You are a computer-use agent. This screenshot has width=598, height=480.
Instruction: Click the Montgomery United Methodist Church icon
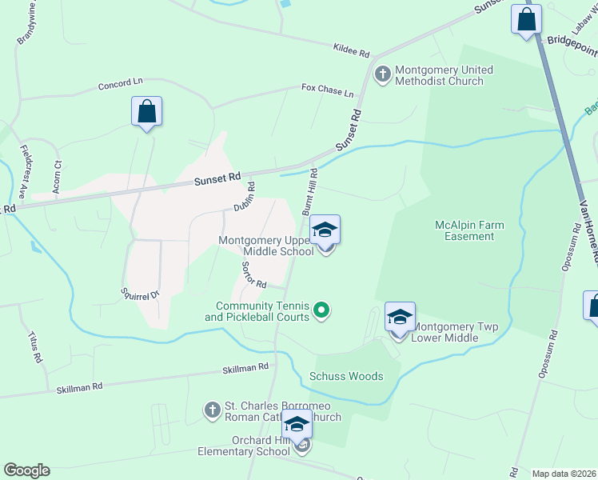tap(382, 74)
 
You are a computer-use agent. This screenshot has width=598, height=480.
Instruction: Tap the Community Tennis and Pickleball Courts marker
tap(321, 309)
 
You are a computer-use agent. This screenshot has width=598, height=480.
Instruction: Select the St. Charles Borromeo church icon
tap(212, 410)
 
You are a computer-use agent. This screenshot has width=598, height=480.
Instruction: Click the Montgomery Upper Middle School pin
tap(325, 232)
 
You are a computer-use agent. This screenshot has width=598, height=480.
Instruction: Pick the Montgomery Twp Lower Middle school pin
tap(400, 318)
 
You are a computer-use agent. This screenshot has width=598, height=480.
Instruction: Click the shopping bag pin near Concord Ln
tap(147, 112)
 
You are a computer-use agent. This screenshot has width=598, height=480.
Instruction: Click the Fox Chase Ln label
tap(327, 90)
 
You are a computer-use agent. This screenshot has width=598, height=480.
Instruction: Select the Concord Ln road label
tap(120, 84)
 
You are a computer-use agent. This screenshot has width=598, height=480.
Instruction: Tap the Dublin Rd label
tap(245, 197)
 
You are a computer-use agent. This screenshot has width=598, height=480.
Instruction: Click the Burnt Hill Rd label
tap(310, 190)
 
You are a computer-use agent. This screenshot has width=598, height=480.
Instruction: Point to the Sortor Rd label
tap(252, 275)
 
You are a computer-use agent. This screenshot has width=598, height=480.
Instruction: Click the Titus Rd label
tap(34, 347)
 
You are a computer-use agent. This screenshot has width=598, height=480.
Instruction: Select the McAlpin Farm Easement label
tap(469, 230)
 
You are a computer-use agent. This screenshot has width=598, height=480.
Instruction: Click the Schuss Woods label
tap(346, 376)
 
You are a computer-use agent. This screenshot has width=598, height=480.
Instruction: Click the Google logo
tap(26, 470)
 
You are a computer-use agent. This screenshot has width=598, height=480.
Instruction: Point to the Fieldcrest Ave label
tap(23, 171)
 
